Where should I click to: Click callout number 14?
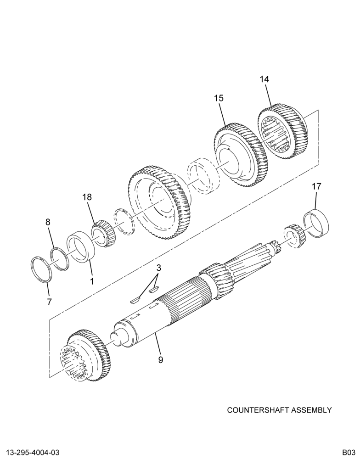tap(264, 79)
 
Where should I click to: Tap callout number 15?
tap(219, 98)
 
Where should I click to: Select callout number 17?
tap(316, 186)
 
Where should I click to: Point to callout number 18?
tap(87, 197)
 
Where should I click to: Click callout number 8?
tap(48, 222)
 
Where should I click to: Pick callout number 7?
tap(49, 302)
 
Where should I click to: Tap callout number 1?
tap(92, 282)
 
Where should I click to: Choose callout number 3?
tap(158, 268)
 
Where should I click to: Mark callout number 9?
tap(161, 359)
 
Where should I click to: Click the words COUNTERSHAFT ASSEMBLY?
tap(280, 410)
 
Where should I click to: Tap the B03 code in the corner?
tap(350, 452)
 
